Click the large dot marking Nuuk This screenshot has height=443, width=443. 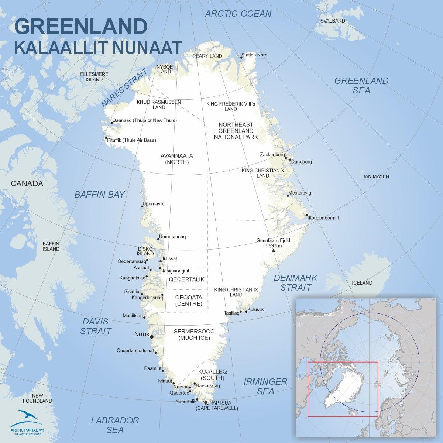click(x=152, y=336)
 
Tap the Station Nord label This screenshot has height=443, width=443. click(x=254, y=55)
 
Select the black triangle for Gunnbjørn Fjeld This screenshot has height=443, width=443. click(x=273, y=251)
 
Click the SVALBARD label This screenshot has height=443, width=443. click(x=333, y=21)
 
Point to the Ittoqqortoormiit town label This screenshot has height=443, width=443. click(x=323, y=218)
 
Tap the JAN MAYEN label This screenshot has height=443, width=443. click(x=375, y=176)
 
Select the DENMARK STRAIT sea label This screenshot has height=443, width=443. click(x=296, y=282)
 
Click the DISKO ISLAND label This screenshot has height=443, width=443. click(x=145, y=251)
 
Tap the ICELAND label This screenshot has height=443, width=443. click(x=362, y=283)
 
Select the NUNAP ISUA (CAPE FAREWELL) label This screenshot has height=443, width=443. click(x=217, y=405)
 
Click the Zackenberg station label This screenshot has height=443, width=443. click(x=272, y=154)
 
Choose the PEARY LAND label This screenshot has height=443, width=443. click(x=207, y=56)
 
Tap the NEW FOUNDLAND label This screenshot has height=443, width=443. click(x=37, y=398)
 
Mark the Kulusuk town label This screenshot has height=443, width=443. click(x=256, y=310)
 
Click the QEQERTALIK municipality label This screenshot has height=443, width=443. click(x=186, y=279)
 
